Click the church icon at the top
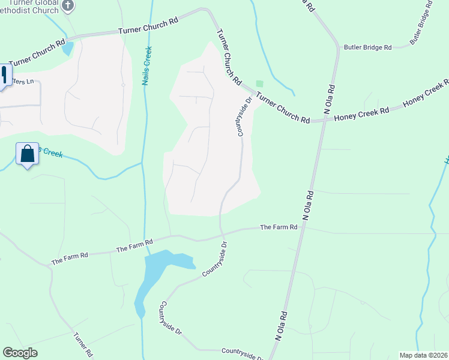pos(68,5)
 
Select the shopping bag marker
pos(28,154)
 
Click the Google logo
pos(20,353)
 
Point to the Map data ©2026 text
pos(423,355)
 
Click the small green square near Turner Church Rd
pos(259,83)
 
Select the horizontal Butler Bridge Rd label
pos(367,47)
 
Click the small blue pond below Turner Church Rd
pos(68,48)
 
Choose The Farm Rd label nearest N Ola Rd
pos(279,227)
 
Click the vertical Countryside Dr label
pos(244,116)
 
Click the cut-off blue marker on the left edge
pos(3,76)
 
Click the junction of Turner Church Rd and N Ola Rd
pos(324,120)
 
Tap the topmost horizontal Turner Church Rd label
pos(148,25)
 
